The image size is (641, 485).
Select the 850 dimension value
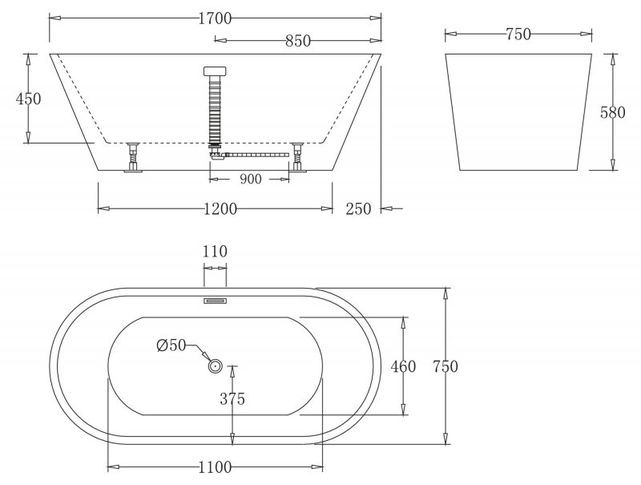296,41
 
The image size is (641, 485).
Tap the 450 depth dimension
28,98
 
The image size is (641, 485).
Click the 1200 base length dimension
220,209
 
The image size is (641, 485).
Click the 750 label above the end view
518,34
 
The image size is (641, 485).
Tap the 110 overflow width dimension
215,252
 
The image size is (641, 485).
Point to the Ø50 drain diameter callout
171,346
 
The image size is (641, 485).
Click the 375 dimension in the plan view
230,398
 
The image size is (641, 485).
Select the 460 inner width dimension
402,366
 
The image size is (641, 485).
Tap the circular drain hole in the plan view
216,366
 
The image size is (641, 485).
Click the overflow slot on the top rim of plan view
215,301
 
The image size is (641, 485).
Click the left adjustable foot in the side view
131,156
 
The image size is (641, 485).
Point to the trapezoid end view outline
518,112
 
